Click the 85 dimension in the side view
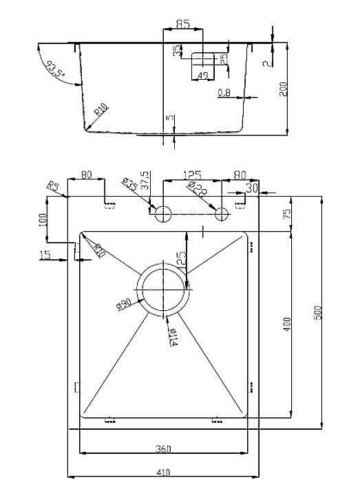[x=182, y=24]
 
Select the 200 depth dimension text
[x=283, y=89]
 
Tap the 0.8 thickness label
[x=224, y=93]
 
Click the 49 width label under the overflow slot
[x=202, y=76]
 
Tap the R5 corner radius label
[x=53, y=186]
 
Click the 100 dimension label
[x=43, y=220]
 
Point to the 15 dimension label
[x=45, y=255]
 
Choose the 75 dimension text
[x=288, y=214]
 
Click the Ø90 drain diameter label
[x=125, y=303]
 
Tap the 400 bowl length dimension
[x=288, y=323]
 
